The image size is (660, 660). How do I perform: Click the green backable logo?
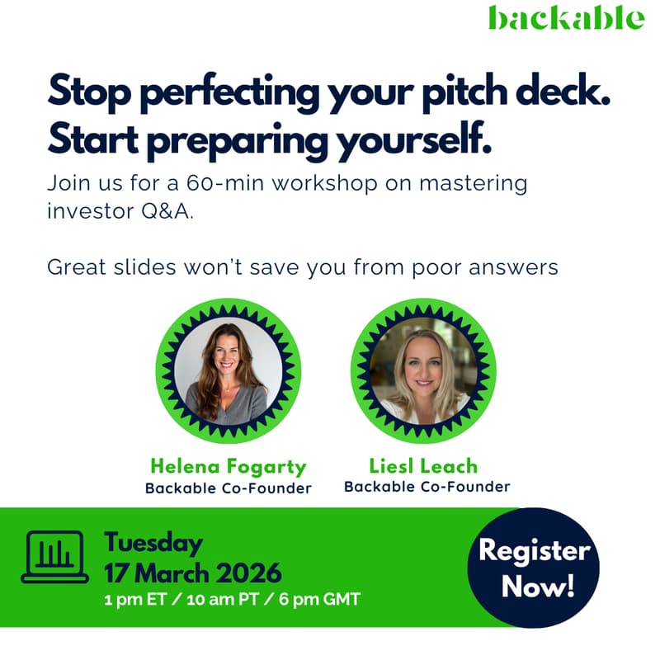565,17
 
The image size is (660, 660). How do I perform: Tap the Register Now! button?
534,568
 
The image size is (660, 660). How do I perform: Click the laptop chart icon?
54,557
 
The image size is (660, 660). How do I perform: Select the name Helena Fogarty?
228,467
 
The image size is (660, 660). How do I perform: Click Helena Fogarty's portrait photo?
228,371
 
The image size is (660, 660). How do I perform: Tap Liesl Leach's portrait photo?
423,371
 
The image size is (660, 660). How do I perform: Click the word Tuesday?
153,543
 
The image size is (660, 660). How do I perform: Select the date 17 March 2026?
192,572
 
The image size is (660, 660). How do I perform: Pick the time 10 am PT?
224,599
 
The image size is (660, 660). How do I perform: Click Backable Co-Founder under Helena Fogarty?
228,488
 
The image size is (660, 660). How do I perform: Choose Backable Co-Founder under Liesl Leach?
427,487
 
